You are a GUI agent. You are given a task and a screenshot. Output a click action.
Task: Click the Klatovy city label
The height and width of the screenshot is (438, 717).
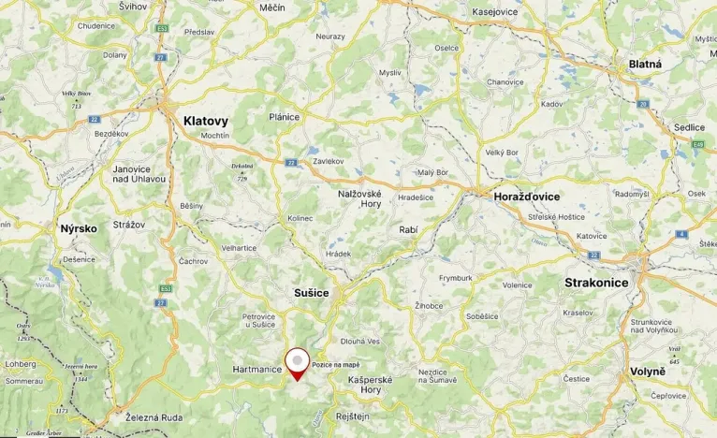[x=205, y=121]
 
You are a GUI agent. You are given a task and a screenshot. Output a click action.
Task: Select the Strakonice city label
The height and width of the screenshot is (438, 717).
[x=596, y=282]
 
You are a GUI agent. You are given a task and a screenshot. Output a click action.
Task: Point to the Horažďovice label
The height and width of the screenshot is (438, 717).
[x=527, y=197]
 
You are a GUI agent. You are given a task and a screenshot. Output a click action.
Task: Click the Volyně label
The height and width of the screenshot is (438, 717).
[x=649, y=370]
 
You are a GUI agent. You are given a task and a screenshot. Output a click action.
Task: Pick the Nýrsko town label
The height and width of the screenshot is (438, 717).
[x=79, y=228]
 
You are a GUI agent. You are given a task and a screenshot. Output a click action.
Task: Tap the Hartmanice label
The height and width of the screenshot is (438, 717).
[x=257, y=370]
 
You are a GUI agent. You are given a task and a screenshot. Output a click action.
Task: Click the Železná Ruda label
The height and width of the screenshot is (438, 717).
[x=155, y=419]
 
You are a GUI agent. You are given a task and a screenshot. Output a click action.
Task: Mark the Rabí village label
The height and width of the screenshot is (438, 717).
[x=408, y=229]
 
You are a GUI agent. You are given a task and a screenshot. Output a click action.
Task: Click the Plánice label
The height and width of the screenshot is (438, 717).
[x=284, y=117]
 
